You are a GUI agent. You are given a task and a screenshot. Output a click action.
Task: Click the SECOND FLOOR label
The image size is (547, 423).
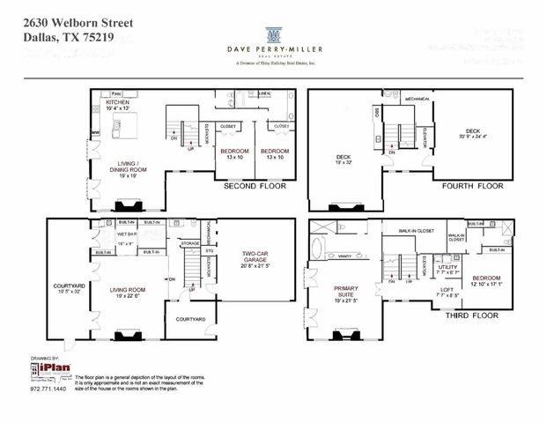coord(252,187)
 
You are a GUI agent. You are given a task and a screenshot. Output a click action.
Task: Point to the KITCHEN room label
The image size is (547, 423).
coord(118,102)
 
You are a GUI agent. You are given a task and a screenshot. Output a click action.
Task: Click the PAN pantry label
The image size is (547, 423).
coord(115,93)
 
